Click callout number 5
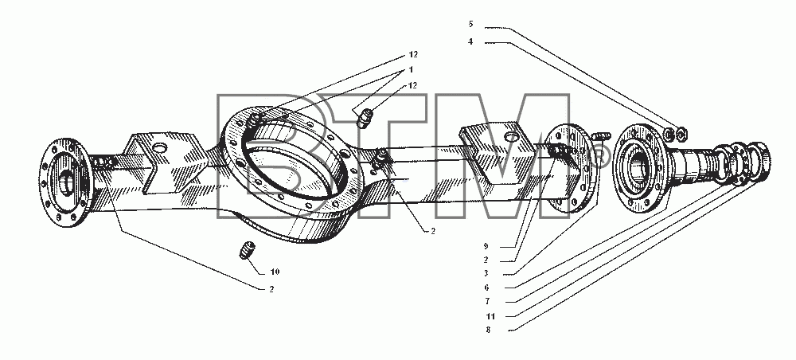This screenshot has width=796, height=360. pyautogui.click(x=470, y=24)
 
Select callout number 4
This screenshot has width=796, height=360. pyautogui.click(x=470, y=41)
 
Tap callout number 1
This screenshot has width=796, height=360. pyautogui.click(x=411, y=69)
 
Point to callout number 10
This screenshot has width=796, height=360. pyautogui.click(x=275, y=272)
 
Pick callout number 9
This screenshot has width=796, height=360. pyautogui.click(x=486, y=247)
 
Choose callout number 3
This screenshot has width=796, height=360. pyautogui.click(x=486, y=274)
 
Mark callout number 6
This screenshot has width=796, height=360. pyautogui.click(x=486, y=288)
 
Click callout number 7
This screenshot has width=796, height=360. pyautogui.click(x=486, y=301)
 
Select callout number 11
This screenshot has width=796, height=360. pyautogui.click(x=490, y=316)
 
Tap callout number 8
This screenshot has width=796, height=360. pyautogui.click(x=488, y=330)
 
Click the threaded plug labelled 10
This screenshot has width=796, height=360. pyautogui.click(x=248, y=251)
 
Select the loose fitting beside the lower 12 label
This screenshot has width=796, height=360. pyautogui.click(x=365, y=119)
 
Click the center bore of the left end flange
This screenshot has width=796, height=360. pyautogui.click(x=66, y=182)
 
